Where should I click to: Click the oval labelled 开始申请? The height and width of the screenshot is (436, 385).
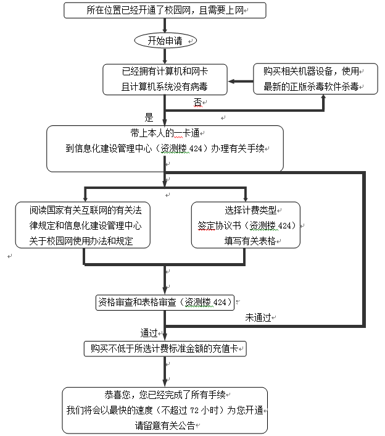pos(164,41)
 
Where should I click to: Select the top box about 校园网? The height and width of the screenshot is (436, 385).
pos(165,10)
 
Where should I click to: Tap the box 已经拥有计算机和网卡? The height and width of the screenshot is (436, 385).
pos(165,78)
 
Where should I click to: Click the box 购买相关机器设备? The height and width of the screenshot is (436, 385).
pos(316,78)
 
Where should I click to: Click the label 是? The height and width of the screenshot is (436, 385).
pos(148,117)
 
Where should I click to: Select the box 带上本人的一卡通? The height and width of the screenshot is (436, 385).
pos(165,149)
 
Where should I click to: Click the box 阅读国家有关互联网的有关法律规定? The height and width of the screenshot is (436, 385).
pos(83,225)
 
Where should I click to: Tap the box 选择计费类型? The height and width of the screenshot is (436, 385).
pos(246,225)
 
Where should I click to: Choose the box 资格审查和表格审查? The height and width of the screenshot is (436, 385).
pos(165,302)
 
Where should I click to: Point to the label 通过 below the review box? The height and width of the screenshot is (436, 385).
pos(150,332)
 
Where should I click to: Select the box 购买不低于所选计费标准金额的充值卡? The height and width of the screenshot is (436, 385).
pos(165,349)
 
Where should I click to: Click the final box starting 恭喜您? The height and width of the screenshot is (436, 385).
pos(165,410)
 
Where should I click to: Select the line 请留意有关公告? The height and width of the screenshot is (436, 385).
pos(165,426)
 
